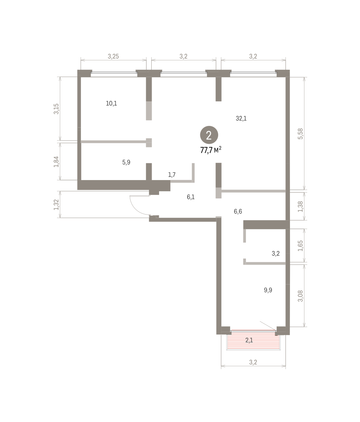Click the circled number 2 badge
[x=209, y=135]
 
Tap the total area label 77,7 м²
[x=211, y=150]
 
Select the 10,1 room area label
[x=111, y=103]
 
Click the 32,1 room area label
[x=241, y=119]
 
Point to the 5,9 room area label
[x=126, y=162]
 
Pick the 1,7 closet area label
[x=172, y=175]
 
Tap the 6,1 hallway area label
[x=191, y=197]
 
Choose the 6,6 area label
[x=238, y=211]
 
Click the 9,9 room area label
[x=268, y=290]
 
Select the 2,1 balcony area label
[x=249, y=340]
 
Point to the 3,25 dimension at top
[x=113, y=56]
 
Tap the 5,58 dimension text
[x=300, y=134]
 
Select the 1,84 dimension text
[x=56, y=162]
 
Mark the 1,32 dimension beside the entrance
[x=56, y=205]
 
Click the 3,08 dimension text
[x=300, y=296]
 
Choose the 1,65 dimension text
[x=300, y=246]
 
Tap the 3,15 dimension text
[x=56, y=109]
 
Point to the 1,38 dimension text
[x=300, y=206]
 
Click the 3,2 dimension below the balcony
[x=253, y=362]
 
